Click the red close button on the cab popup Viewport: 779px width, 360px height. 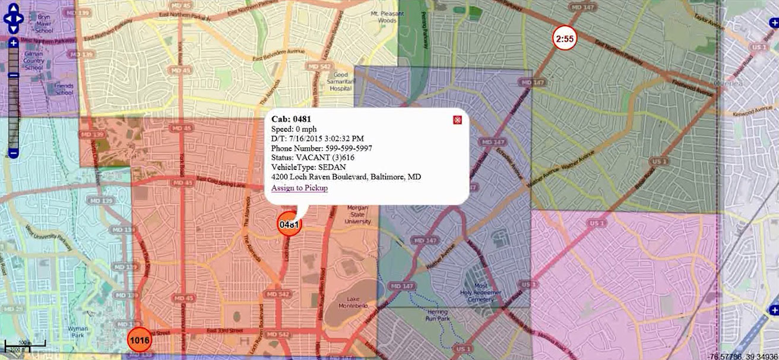[457, 120]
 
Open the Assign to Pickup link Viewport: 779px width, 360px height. [299, 188]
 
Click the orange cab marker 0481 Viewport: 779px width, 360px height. [289, 225]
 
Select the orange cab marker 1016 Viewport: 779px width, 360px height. [140, 340]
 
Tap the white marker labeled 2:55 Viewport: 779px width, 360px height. [565, 39]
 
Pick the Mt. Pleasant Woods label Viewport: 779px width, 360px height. [384, 17]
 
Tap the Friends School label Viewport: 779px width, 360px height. [64, 89]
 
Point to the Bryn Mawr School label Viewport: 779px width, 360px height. [43, 24]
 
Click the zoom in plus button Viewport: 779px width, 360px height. [14, 43]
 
